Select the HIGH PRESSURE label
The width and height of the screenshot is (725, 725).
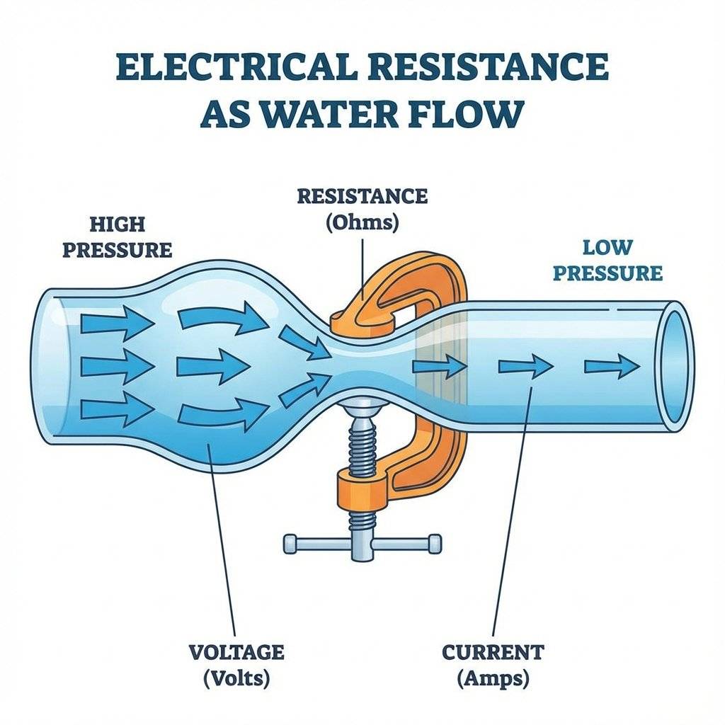click(117, 237)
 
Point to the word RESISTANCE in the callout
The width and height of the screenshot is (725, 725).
click(362, 196)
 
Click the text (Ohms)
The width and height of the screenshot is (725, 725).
click(362, 222)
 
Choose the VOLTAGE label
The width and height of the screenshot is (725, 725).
click(236, 651)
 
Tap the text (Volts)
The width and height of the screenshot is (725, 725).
click(236, 678)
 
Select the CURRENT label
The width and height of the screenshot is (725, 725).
click(493, 651)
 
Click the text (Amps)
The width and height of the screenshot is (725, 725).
click(493, 678)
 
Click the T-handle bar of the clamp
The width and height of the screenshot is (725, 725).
click(362, 544)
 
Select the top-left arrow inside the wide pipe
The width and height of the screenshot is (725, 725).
click(116, 324)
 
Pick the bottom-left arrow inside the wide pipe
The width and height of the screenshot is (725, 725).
click(116, 409)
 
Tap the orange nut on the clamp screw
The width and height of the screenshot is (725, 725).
click(362, 489)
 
